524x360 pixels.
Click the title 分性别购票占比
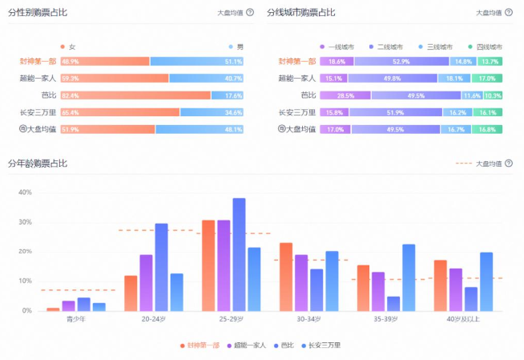(38, 12)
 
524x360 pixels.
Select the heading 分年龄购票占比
(38, 164)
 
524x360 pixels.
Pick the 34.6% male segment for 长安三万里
(212, 112)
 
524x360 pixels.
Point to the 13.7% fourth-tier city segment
(490, 62)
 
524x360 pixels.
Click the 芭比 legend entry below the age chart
(284, 346)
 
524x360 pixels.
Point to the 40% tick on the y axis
(25, 192)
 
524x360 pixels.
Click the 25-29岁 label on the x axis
(231, 319)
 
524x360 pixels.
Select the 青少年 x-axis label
(76, 319)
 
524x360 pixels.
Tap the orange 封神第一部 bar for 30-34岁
(286, 277)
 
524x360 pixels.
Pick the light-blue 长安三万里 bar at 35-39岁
(409, 277)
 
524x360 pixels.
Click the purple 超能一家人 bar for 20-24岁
(146, 283)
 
